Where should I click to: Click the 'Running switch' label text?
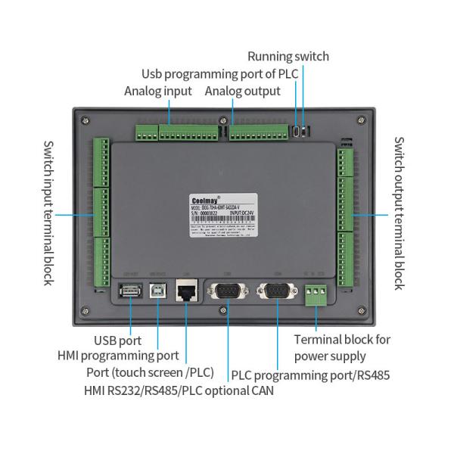click(288, 57)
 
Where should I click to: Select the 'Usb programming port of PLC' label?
click(220, 74)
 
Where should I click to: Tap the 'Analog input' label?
click(157, 92)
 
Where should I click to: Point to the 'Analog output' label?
click(243, 92)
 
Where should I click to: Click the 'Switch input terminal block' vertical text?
click(48, 213)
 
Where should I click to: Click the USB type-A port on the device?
click(129, 291)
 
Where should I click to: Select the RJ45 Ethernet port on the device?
click(185, 291)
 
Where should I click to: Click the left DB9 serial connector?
click(226, 291)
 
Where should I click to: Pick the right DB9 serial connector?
click(277, 291)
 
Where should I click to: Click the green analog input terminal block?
click(171, 133)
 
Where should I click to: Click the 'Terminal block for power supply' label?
click(342, 347)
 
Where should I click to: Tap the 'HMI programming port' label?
click(118, 356)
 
